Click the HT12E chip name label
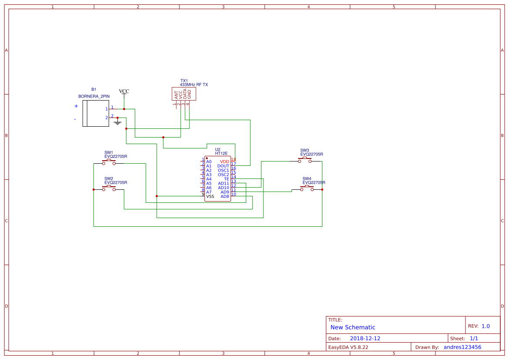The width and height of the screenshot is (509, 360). coord(221,154)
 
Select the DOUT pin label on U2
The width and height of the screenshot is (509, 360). coord(223,166)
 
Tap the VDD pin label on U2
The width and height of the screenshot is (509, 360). coord(224,161)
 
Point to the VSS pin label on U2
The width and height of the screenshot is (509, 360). coord(210,196)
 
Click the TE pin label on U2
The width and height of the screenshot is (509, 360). coord(226,179)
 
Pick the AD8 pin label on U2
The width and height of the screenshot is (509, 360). coord(225,196)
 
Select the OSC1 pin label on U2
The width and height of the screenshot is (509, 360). coord(223,170)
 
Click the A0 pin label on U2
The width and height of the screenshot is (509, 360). coord(209,161)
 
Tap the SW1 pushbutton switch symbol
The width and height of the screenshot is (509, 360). coord(109,162)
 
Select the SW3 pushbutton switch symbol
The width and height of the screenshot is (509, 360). coord(305,160)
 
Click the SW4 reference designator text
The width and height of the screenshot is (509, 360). coord(307,178)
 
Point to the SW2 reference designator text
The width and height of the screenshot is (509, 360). coord(109,178)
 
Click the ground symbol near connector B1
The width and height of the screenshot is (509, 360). coord(117,122)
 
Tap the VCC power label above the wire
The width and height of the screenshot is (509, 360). coord(124,91)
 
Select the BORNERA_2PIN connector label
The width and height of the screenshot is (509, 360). coord(94,96)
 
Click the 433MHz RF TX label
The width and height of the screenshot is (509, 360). coord(194,84)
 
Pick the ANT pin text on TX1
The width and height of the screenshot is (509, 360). coord(176,94)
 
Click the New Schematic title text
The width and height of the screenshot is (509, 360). coord(353,327)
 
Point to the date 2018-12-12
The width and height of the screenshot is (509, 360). coord(365,338)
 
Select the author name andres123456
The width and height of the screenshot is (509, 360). coord(462,347)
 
